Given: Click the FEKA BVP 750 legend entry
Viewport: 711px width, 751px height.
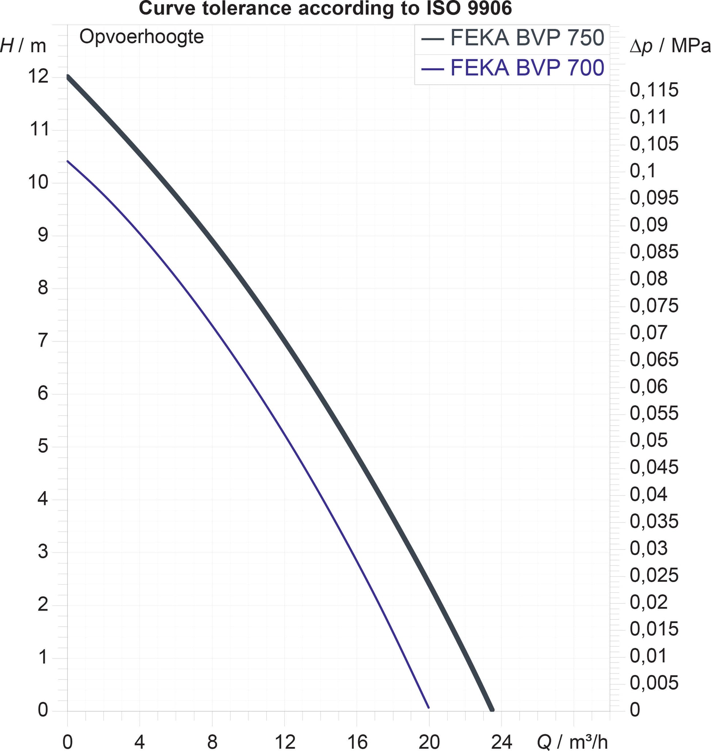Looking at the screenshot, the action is click(512, 38).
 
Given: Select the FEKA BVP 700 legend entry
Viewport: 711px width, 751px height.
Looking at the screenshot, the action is click(512, 68).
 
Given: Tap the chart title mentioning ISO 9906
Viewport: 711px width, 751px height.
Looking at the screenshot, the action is click(325, 8).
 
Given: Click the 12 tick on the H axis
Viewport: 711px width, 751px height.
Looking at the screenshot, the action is click(38, 76).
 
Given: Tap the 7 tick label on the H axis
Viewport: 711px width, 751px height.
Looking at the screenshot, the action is click(43, 340).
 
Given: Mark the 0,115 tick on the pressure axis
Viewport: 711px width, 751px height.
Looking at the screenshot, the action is click(654, 90).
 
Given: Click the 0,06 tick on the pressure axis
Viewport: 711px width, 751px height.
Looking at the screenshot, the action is click(649, 386).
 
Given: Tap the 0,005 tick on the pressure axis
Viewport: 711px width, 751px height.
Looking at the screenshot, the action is click(654, 683).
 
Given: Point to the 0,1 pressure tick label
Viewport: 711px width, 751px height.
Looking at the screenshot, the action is click(643, 171).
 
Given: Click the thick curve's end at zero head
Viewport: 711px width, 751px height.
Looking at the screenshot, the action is click(492, 709).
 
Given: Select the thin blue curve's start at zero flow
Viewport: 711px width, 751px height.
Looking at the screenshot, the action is click(68, 161).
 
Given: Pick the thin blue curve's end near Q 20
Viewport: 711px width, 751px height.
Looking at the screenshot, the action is click(429, 708).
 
